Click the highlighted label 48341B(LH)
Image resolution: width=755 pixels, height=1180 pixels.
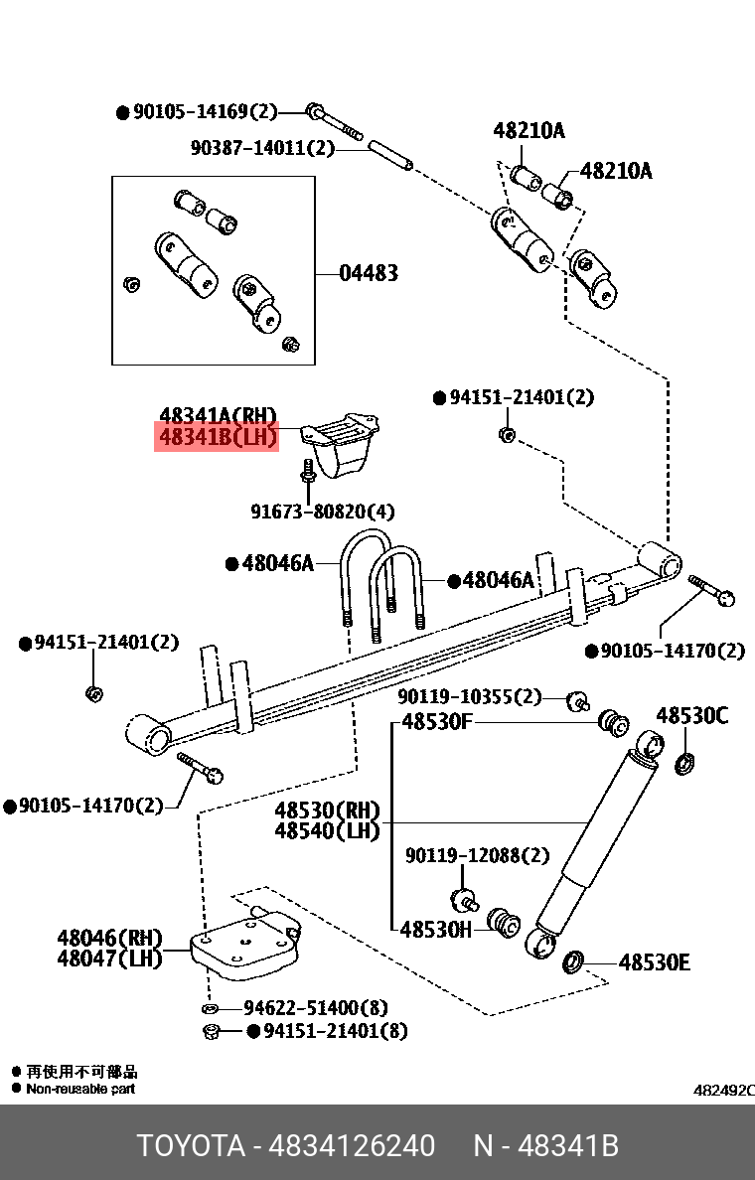click(x=217, y=437)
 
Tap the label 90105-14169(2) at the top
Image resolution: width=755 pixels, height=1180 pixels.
click(x=205, y=112)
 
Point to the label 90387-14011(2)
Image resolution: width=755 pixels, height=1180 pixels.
click(x=262, y=148)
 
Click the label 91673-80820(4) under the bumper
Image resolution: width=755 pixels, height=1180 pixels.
click(x=322, y=512)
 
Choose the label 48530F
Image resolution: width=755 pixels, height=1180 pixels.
click(x=436, y=721)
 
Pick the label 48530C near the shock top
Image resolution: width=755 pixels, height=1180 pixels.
click(x=691, y=716)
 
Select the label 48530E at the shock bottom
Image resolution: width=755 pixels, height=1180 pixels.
click(x=654, y=962)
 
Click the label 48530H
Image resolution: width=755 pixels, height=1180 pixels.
click(x=436, y=930)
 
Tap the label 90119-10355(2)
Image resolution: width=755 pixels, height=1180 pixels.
click(x=470, y=696)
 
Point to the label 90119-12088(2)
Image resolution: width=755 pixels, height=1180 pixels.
click(x=476, y=855)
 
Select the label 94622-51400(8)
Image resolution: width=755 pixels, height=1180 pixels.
click(x=315, y=1007)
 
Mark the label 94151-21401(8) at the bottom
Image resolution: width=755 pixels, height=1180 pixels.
click(x=335, y=1031)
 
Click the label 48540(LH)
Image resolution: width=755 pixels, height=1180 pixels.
click(x=327, y=831)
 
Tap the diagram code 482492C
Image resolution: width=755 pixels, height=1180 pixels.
click(x=723, y=1090)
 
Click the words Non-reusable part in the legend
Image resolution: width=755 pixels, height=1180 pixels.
click(x=80, y=1089)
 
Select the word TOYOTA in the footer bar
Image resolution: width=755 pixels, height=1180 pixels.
click(x=191, y=1146)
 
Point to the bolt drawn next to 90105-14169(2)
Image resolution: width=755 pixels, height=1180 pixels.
click(x=333, y=120)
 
